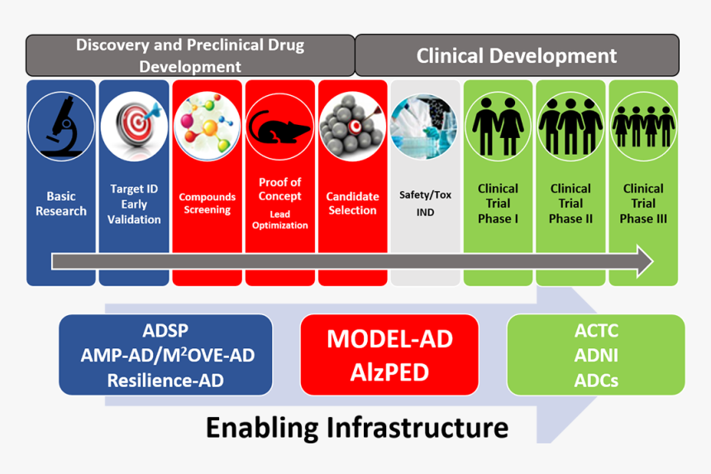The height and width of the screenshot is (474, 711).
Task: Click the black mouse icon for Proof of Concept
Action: point(279,127)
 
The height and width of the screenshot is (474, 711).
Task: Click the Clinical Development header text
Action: point(517,56)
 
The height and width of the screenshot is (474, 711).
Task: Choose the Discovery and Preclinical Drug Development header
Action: point(190,55)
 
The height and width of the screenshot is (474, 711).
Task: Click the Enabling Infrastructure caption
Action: point(356,428)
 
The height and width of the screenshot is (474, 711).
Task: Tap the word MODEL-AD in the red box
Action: point(389,340)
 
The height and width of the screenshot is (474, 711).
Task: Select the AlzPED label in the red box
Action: point(389,371)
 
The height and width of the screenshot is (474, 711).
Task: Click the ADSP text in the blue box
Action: point(166,331)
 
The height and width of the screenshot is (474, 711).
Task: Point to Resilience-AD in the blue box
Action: point(166,380)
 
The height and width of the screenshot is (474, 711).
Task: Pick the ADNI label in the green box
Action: point(595,357)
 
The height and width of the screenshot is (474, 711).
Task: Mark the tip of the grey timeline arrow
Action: point(651,261)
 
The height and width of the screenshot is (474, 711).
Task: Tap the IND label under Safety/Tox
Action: point(424,213)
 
